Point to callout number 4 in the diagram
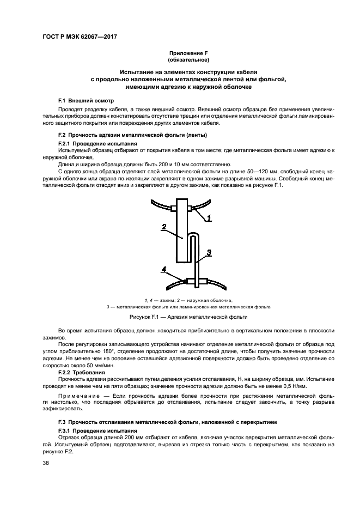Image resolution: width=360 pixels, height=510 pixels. pyautogui.click(x=163, y=268)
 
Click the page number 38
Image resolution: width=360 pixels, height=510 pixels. pyautogui.click(x=46, y=464)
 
